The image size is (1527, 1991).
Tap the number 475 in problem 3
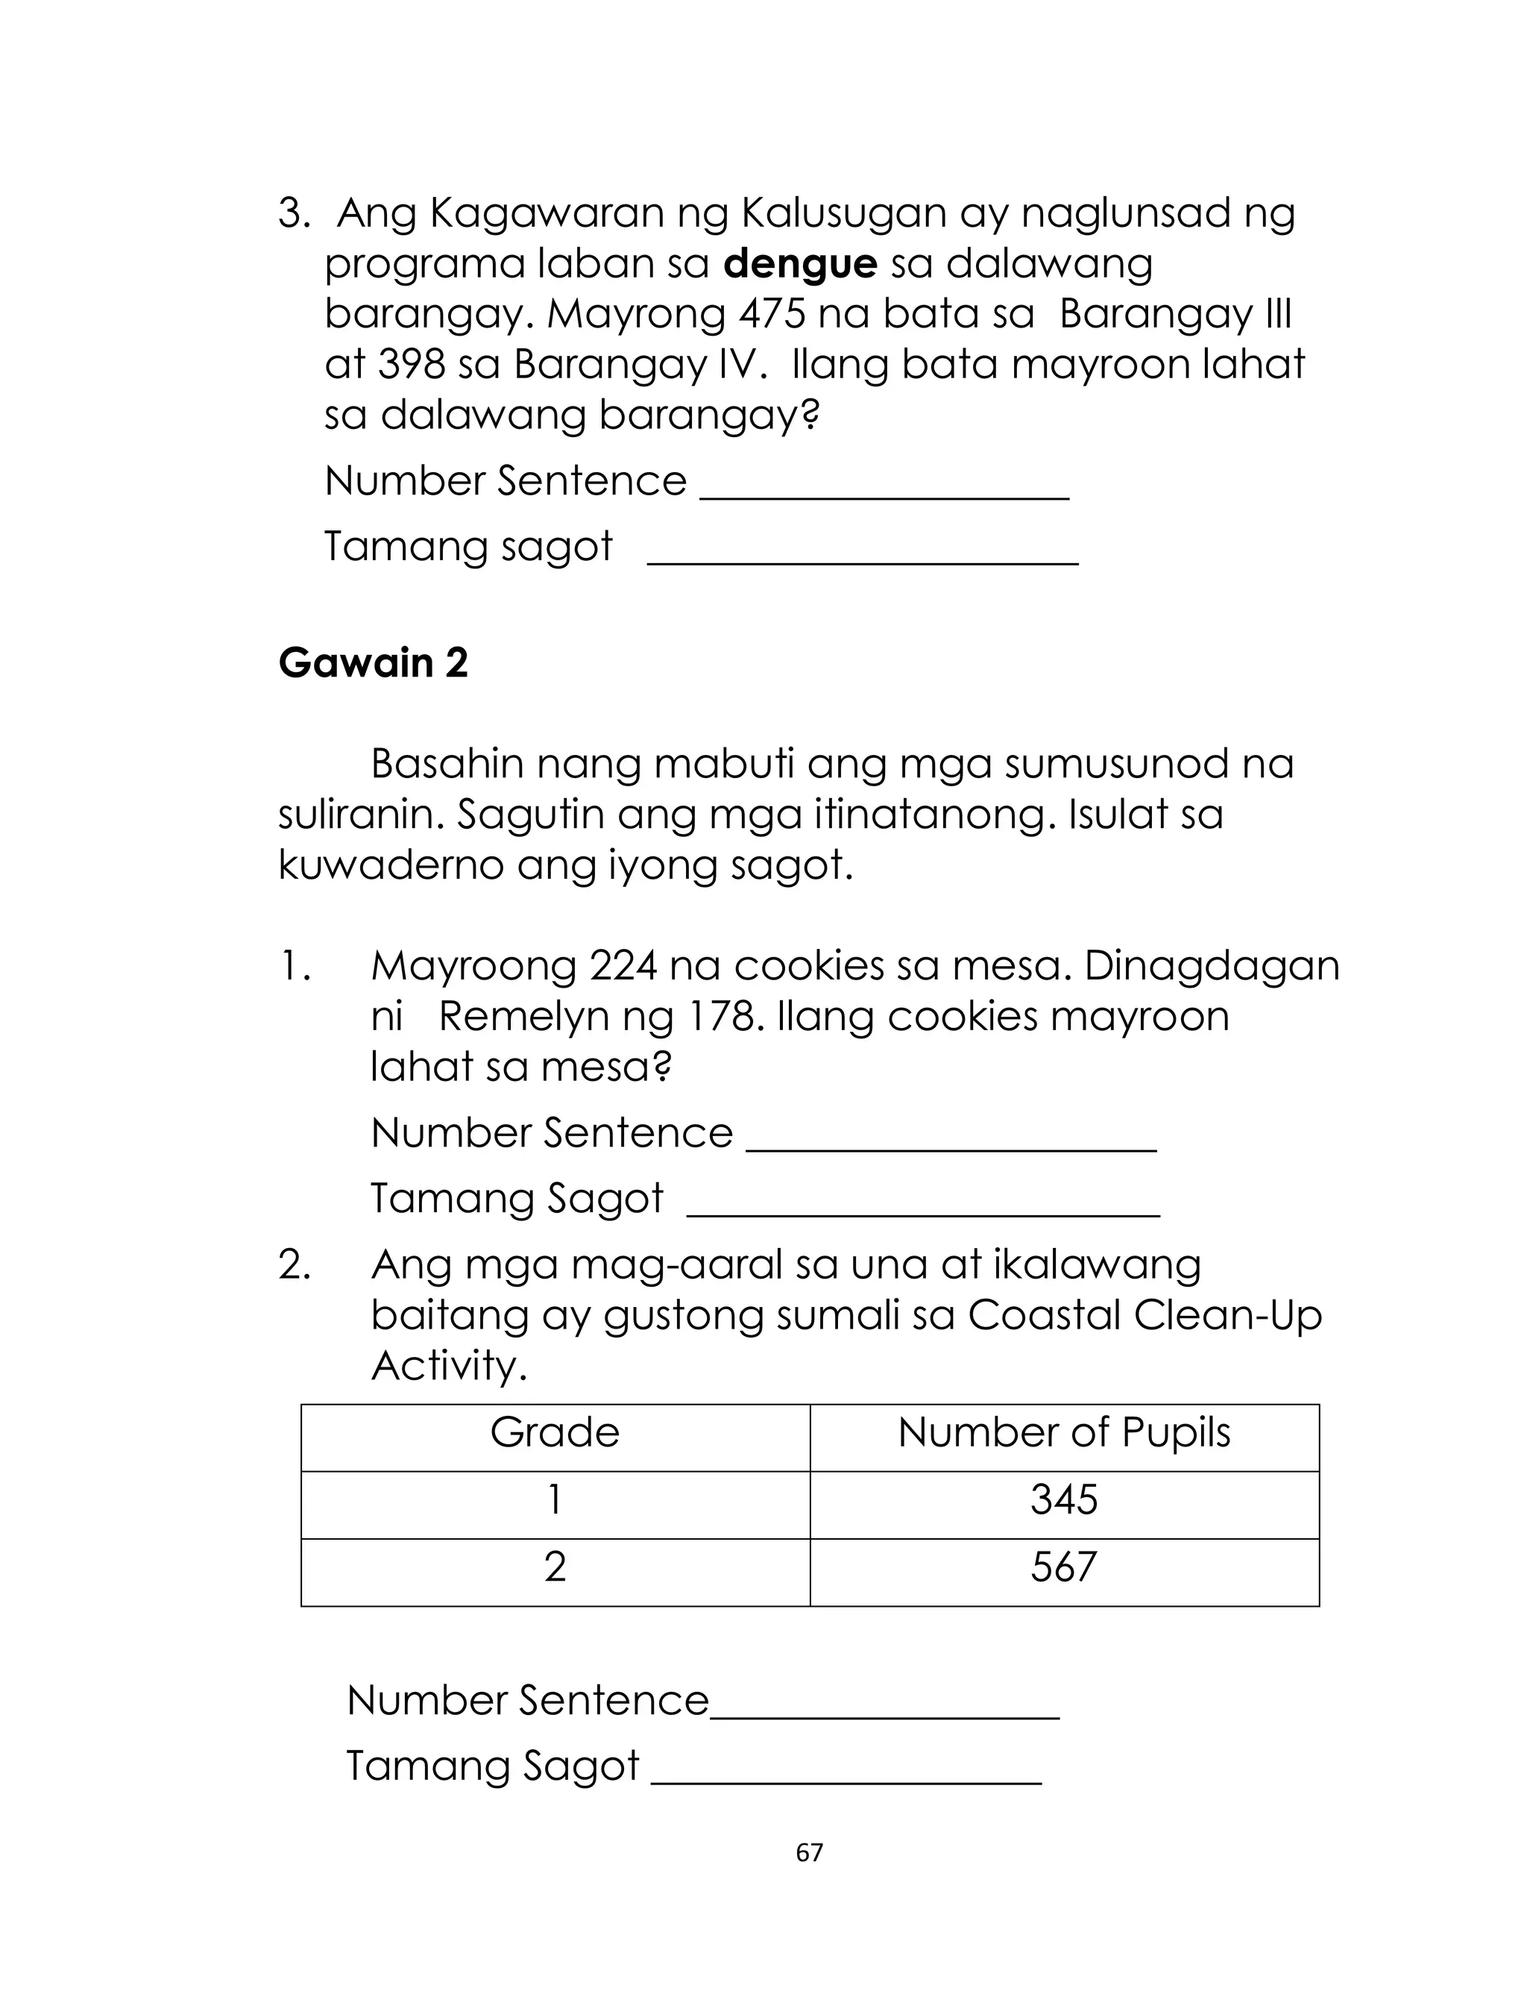pyautogui.click(x=772, y=315)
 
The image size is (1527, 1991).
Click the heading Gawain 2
pyautogui.click(x=373, y=662)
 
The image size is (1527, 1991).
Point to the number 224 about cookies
pyautogui.click(x=623, y=965)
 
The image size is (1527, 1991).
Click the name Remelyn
pyautogui.click(x=523, y=1017)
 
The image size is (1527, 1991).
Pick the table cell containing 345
pyautogui.click(x=1063, y=1500)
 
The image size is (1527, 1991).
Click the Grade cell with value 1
pyautogui.click(x=555, y=1500)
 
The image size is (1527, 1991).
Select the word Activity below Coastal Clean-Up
pyautogui.click(x=448, y=1366)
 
